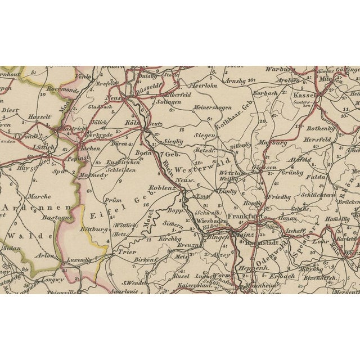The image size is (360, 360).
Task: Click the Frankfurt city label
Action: point(243,215)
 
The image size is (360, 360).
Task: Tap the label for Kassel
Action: point(305,96)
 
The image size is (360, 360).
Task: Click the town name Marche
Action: point(39,197)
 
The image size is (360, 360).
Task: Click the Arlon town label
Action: point(46,255)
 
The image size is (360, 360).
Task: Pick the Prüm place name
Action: point(114,199)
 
